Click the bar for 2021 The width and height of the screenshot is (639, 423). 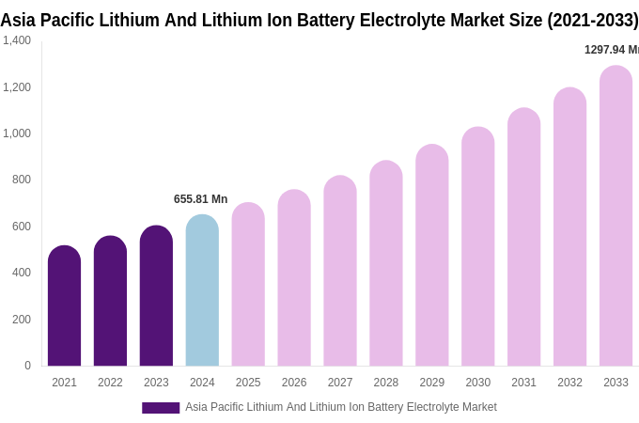point(64,306)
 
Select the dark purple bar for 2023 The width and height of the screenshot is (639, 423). point(156,296)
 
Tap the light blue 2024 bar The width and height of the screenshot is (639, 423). point(202,290)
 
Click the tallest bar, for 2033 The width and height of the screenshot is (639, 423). point(616,216)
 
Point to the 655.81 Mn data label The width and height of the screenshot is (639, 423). point(200,199)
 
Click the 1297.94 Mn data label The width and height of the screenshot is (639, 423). point(611,50)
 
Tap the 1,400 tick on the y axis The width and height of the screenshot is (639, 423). point(17,40)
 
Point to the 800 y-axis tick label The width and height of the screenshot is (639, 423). point(22,180)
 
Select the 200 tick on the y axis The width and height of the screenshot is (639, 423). point(22,320)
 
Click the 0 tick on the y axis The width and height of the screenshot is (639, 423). point(27,366)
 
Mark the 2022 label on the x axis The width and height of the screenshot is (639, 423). point(110,383)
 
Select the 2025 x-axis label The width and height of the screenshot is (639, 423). point(248,383)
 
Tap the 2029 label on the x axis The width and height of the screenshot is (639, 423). point(431,383)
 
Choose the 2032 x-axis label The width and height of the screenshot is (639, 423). point(569,383)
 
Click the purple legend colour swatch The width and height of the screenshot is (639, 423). point(161,408)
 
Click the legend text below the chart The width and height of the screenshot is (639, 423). point(340,407)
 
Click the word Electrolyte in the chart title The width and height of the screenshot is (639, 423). point(407,20)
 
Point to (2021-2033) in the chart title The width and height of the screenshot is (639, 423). point(593,20)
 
